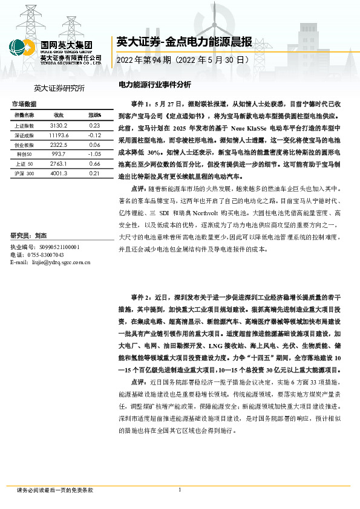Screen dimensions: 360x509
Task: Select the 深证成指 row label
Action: [x=22, y=135]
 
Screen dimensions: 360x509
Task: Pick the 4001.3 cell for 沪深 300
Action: [x=59, y=173]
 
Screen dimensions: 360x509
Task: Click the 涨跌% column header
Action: [x=94, y=115]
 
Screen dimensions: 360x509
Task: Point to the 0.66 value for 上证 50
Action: [x=94, y=163]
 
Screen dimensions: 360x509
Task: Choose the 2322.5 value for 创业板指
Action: [x=59, y=146]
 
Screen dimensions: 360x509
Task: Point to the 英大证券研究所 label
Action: [x=59, y=89]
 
